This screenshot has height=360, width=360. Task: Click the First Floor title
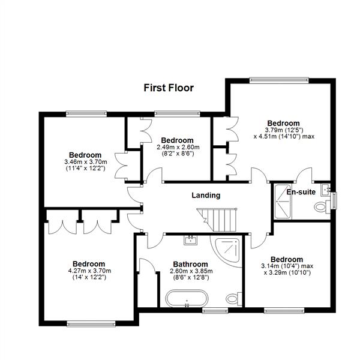coord(169,88)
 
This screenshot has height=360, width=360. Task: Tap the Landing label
coord(206,195)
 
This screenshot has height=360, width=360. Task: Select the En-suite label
coord(301,193)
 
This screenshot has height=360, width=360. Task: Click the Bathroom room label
coord(190,264)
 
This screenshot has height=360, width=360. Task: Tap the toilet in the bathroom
coord(233,298)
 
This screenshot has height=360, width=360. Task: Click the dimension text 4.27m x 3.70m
coord(89,271)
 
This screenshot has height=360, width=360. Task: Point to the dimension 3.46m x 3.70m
coord(85,162)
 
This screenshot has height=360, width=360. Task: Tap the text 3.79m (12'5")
coord(284,129)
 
